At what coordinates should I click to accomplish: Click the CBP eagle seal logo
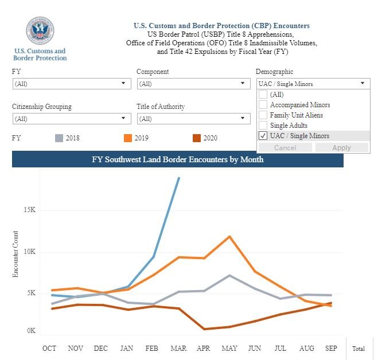click(x=40, y=32)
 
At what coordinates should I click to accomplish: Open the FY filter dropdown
click(x=71, y=84)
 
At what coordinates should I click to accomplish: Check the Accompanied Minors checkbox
click(x=263, y=105)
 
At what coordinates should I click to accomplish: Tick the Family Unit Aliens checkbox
click(x=263, y=115)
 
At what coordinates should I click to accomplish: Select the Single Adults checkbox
click(x=263, y=126)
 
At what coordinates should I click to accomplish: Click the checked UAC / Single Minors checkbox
click(x=263, y=136)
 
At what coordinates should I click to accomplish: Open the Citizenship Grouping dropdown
click(x=71, y=119)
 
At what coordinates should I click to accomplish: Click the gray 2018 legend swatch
click(x=59, y=138)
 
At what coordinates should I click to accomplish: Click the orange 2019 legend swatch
click(x=128, y=138)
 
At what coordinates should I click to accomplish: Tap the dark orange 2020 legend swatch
click(x=197, y=138)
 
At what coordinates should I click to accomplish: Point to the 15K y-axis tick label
click(x=30, y=210)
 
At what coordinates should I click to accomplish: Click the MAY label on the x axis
click(x=229, y=348)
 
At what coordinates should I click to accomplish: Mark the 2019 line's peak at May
click(x=229, y=236)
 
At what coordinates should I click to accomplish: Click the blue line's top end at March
click(x=179, y=178)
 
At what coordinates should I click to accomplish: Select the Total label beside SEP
click(x=358, y=348)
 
